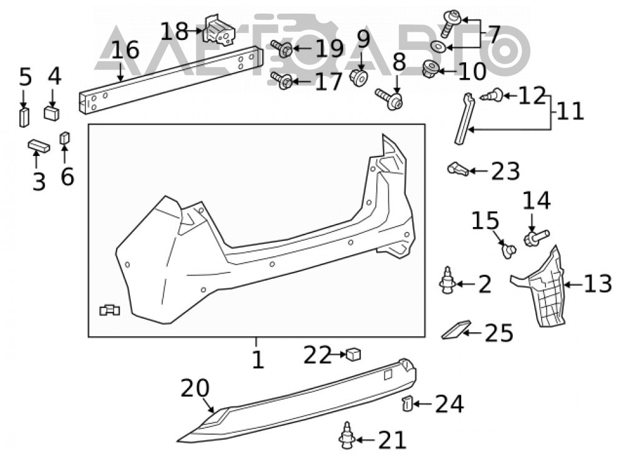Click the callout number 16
125,51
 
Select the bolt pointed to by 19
282,49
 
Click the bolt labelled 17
282,80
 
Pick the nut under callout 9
359,76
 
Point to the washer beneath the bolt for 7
439,47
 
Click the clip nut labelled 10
430,69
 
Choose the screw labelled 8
389,99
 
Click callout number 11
570,112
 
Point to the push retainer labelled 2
447,281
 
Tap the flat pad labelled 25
456,330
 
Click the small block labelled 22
353,354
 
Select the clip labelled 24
406,403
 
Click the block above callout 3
39,146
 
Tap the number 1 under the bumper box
258,360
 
